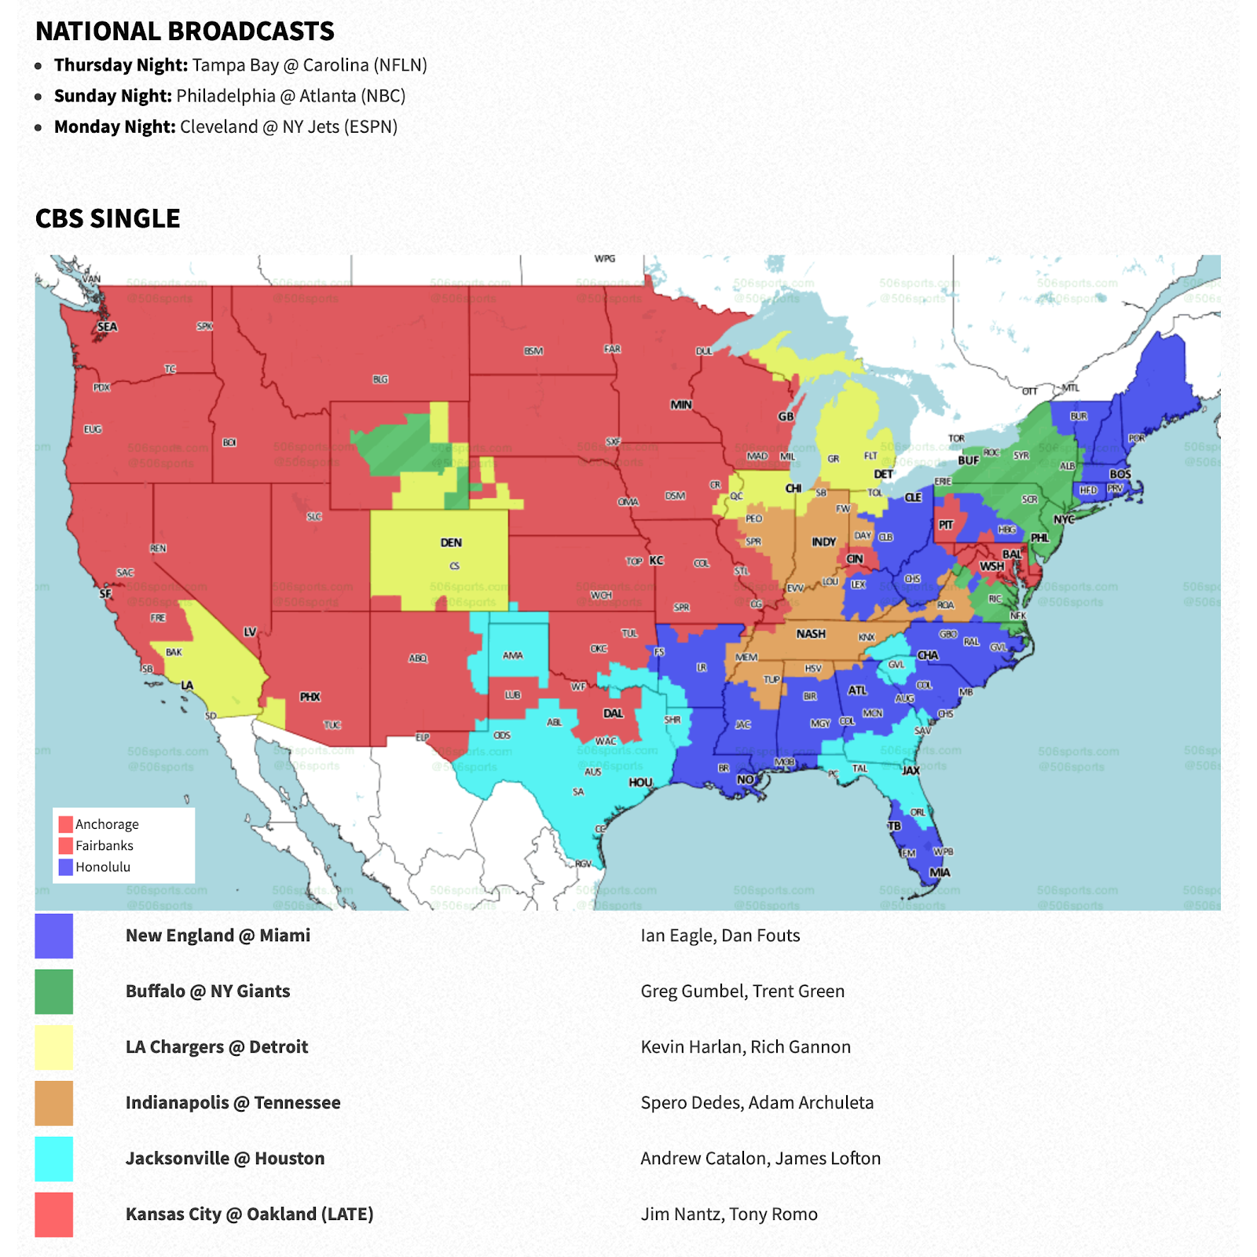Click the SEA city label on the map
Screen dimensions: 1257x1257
pos(108,327)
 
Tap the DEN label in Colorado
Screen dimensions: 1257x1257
pos(451,542)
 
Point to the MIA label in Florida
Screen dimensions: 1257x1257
pos(940,872)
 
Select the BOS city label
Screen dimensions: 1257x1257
pos(1120,474)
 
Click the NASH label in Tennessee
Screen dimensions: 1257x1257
pos(811,633)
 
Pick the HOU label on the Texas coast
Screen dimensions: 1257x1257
pos(640,782)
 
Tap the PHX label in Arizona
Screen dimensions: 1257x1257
pos(310,697)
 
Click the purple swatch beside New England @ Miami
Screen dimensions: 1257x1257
pos(54,936)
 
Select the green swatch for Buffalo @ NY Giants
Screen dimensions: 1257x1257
pos(54,991)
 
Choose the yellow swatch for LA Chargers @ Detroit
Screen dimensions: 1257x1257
pos(54,1047)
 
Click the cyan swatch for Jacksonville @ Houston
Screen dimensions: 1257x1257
pos(54,1159)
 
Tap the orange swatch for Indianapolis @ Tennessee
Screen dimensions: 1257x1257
pos(54,1103)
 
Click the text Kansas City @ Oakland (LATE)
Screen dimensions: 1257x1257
pos(249,1214)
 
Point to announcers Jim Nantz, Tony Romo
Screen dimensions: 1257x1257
pos(729,1214)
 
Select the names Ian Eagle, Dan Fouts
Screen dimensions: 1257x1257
pos(720,935)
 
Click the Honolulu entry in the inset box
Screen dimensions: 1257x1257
pos(103,867)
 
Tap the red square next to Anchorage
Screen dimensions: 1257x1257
pos(66,824)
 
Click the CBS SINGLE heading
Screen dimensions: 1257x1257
pos(108,218)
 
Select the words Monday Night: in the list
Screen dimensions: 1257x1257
pos(115,126)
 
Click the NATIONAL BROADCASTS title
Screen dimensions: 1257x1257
pos(185,31)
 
